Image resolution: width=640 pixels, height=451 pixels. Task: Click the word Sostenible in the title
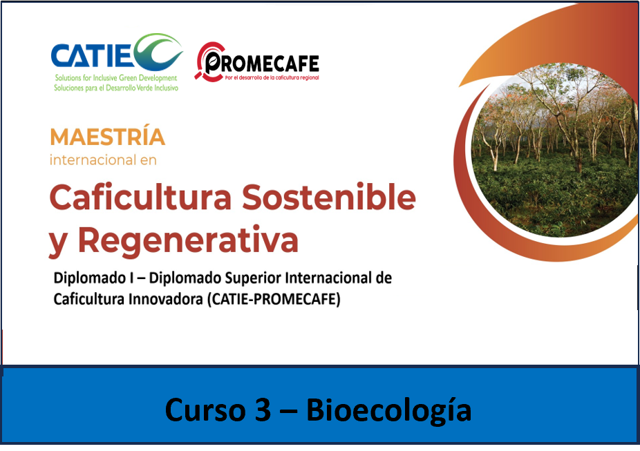click(x=328, y=197)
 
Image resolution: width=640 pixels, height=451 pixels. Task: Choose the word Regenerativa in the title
click(x=188, y=240)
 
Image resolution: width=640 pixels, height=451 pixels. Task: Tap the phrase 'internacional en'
click(x=103, y=160)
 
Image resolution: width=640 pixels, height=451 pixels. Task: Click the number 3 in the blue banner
click(x=263, y=410)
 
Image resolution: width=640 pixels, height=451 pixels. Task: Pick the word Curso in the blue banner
click(x=207, y=410)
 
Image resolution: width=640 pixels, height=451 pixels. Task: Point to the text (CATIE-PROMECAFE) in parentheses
click(x=274, y=300)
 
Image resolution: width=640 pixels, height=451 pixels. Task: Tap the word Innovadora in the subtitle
click(x=165, y=299)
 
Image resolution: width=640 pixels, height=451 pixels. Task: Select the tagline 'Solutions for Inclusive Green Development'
click(x=116, y=77)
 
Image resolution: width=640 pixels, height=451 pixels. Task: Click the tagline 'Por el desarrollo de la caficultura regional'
click(x=272, y=77)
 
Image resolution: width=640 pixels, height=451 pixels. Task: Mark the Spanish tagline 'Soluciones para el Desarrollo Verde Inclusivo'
click(x=116, y=88)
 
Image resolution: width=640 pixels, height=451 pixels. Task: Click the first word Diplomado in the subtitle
click(x=90, y=278)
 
